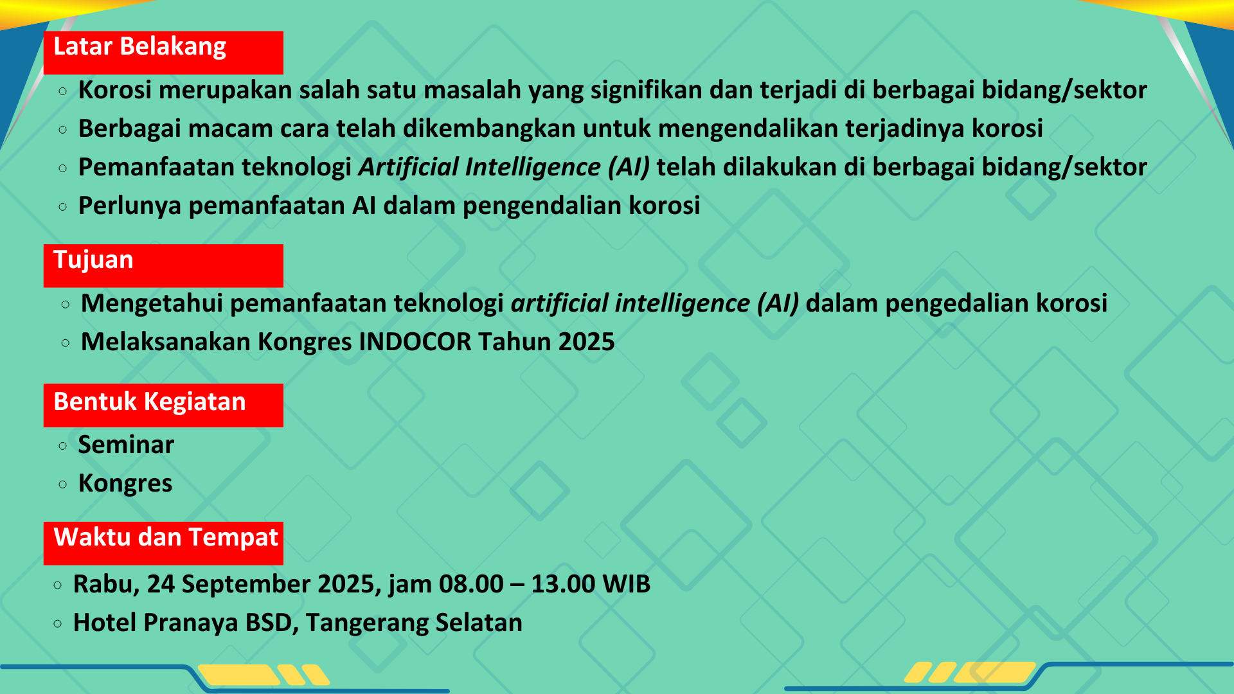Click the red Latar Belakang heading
pyautogui.click(x=163, y=53)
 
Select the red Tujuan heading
pyautogui.click(x=163, y=265)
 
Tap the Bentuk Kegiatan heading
pyautogui.click(x=163, y=405)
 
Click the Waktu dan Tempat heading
pyautogui.click(x=163, y=544)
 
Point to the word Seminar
pyautogui.click(x=126, y=445)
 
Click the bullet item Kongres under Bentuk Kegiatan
pyautogui.click(x=125, y=484)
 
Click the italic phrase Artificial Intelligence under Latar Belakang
pyautogui.click(x=479, y=168)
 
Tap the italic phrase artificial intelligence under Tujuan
pyautogui.click(x=630, y=304)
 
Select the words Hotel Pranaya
pyautogui.click(x=156, y=623)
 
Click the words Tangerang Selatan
pyautogui.click(x=414, y=623)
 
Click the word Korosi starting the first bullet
pyautogui.click(x=115, y=90)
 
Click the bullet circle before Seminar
pyautogui.click(x=62, y=445)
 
